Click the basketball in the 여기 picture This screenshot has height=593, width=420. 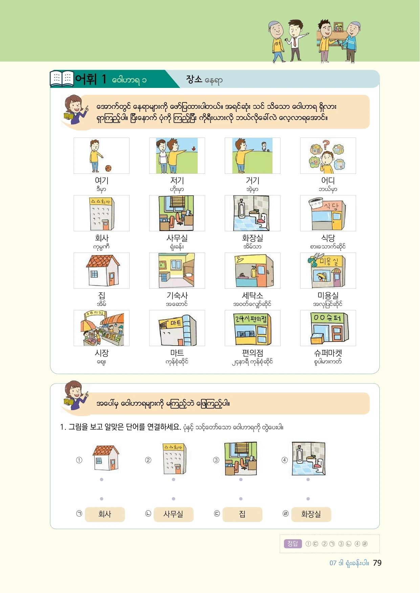(108, 168)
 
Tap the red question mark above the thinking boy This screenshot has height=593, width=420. (326, 145)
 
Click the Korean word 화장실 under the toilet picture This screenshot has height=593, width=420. (252, 238)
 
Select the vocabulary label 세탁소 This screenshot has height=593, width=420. (252, 295)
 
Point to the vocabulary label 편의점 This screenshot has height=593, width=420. (252, 353)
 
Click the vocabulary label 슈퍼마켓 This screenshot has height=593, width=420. (328, 353)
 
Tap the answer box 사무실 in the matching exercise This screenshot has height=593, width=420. (173, 514)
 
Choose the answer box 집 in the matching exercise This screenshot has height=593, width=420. (242, 514)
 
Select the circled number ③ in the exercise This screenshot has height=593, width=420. (216, 460)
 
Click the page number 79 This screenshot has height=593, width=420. (377, 563)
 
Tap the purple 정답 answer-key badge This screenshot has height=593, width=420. (293, 544)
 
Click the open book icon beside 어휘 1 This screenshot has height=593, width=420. (62, 78)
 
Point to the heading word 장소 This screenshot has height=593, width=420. (194, 79)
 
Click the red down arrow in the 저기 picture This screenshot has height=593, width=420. (194, 148)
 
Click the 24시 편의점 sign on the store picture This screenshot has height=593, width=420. (251, 318)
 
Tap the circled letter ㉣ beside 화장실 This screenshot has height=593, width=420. (285, 514)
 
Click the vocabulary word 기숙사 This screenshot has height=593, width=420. (177, 295)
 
